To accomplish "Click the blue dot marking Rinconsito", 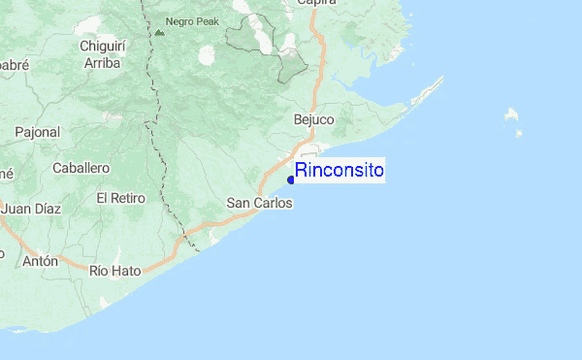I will pos(291,179).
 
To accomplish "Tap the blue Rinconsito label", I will pos(339,172).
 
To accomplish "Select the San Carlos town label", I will pos(259,204).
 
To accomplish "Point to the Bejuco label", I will pos(313,119).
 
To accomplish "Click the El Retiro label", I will pos(120,198).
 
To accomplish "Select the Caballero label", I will pos(81,168).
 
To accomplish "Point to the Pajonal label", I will pos(37,131).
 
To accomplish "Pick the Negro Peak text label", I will pos(192,20).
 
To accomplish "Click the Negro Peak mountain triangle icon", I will pos(159,31).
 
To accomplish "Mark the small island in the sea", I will pos(511,115).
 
